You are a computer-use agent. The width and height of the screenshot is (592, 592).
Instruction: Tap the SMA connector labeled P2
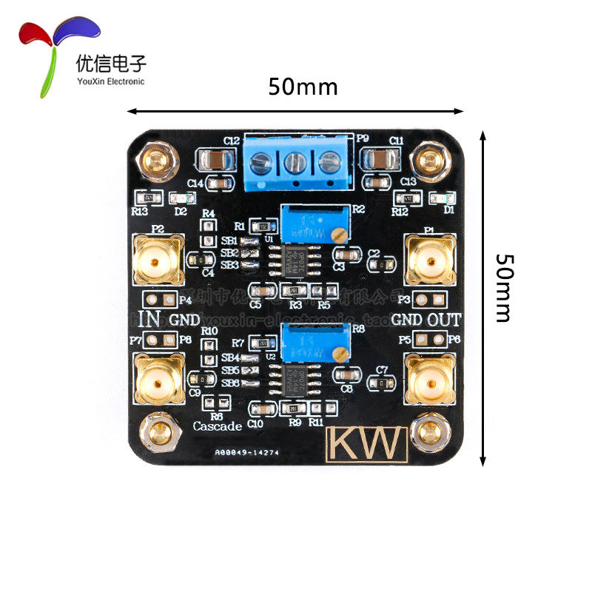tap(157, 260)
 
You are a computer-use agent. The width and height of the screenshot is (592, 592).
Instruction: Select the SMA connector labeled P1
tap(429, 260)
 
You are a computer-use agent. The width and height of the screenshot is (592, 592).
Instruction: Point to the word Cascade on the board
tap(218, 426)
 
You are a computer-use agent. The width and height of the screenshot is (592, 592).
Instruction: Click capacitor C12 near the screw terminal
tap(212, 160)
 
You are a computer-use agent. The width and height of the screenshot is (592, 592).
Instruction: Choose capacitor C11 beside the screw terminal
tap(380, 160)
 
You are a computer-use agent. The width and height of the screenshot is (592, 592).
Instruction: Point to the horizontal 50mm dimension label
tap(303, 87)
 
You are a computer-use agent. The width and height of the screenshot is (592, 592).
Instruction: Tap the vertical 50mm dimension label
tap(503, 288)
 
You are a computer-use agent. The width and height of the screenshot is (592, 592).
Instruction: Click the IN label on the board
tap(150, 320)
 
